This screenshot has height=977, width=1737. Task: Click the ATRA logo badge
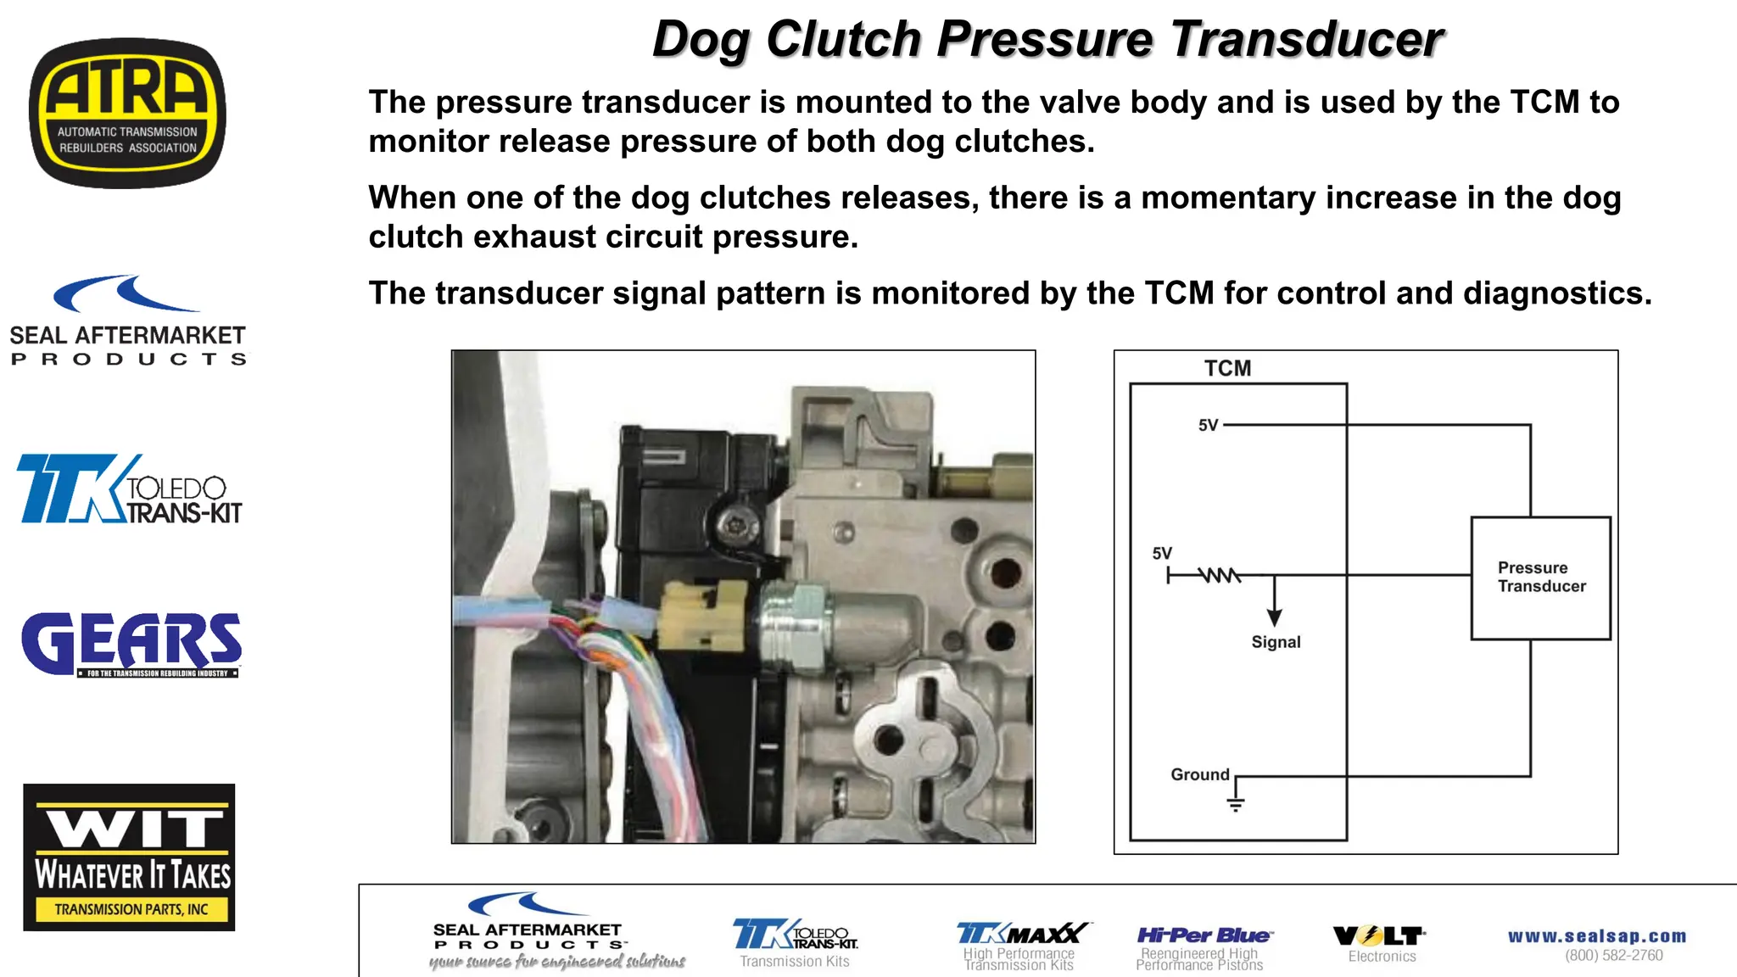127,113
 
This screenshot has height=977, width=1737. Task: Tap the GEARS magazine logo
131,644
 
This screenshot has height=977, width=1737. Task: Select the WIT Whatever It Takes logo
129,857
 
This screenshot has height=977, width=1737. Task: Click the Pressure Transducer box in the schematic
1540,578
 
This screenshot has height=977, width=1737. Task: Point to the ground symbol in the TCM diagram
1236,804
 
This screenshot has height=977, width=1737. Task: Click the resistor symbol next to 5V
1220,576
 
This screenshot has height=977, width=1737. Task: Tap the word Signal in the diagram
1276,642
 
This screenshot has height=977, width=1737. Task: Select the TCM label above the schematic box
1227,368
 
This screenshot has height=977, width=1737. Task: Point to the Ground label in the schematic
1199,774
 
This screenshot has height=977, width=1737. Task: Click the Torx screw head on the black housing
732,526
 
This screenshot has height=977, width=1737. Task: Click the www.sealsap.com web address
1597,936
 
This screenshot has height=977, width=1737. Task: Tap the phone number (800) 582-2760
1614,956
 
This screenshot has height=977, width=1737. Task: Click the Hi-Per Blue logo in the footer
1203,936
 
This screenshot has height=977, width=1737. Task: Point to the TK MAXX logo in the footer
1022,935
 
